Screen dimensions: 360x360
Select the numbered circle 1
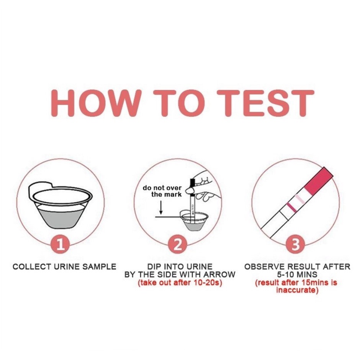pyautogui.click(x=60, y=244)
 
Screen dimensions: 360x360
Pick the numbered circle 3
pyautogui.click(x=296, y=244)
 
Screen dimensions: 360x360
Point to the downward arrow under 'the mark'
pyautogui.click(x=161, y=208)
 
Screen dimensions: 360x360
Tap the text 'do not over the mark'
pyautogui.click(x=162, y=191)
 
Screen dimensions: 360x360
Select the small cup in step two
pyautogui.click(x=194, y=220)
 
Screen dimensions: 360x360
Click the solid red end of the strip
pyautogui.click(x=319, y=180)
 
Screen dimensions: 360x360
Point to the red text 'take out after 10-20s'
pyautogui.click(x=180, y=283)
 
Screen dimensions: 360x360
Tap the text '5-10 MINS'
pyautogui.click(x=297, y=275)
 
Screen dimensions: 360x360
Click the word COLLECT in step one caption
pyautogui.click(x=32, y=267)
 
